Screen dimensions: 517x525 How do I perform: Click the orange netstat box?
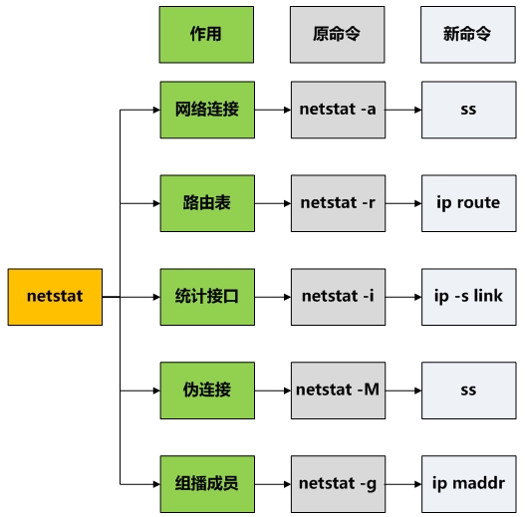55,297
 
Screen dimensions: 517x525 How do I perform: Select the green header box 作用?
206,34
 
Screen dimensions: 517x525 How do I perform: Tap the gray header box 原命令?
337,34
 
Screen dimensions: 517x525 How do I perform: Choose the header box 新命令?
467,34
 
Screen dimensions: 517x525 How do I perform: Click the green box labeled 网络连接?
206,110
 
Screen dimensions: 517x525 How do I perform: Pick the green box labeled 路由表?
206,203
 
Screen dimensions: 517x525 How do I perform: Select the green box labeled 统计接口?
206,297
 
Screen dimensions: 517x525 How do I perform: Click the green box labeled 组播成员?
206,484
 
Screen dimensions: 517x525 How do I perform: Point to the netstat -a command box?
337,110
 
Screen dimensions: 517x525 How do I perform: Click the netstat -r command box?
337,203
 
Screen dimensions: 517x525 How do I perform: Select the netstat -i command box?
337,297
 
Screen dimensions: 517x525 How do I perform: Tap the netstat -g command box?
337,484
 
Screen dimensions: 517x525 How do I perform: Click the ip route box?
467,203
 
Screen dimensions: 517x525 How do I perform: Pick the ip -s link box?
467,297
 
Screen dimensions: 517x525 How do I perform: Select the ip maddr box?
467,484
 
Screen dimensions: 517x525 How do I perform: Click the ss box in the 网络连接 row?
467,110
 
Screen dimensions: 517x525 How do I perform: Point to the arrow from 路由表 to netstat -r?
272,203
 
